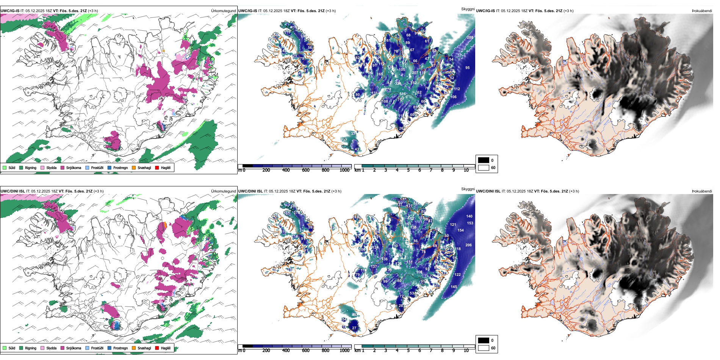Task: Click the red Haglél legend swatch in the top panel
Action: pos(157,167)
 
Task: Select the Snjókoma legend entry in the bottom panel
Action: pos(74,348)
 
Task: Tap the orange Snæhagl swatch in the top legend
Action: pos(134,167)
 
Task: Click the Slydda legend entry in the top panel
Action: pos(51,167)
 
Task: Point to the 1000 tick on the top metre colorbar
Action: pos(344,170)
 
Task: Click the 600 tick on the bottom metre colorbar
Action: pos(306,351)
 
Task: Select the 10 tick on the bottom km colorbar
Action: pos(466,351)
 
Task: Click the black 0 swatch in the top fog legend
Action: pos(484,160)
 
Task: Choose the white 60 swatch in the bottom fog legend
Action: pos(484,348)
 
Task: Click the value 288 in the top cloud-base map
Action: pos(470,37)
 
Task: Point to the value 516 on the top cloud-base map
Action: pos(402,94)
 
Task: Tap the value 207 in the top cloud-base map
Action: pos(415,72)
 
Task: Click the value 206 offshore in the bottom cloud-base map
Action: pos(468,245)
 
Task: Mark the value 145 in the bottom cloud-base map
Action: pos(454,287)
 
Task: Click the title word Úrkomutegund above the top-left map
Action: pos(223,11)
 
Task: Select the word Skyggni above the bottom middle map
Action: pos(468,189)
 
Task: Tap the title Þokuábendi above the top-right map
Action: pos(702,11)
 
